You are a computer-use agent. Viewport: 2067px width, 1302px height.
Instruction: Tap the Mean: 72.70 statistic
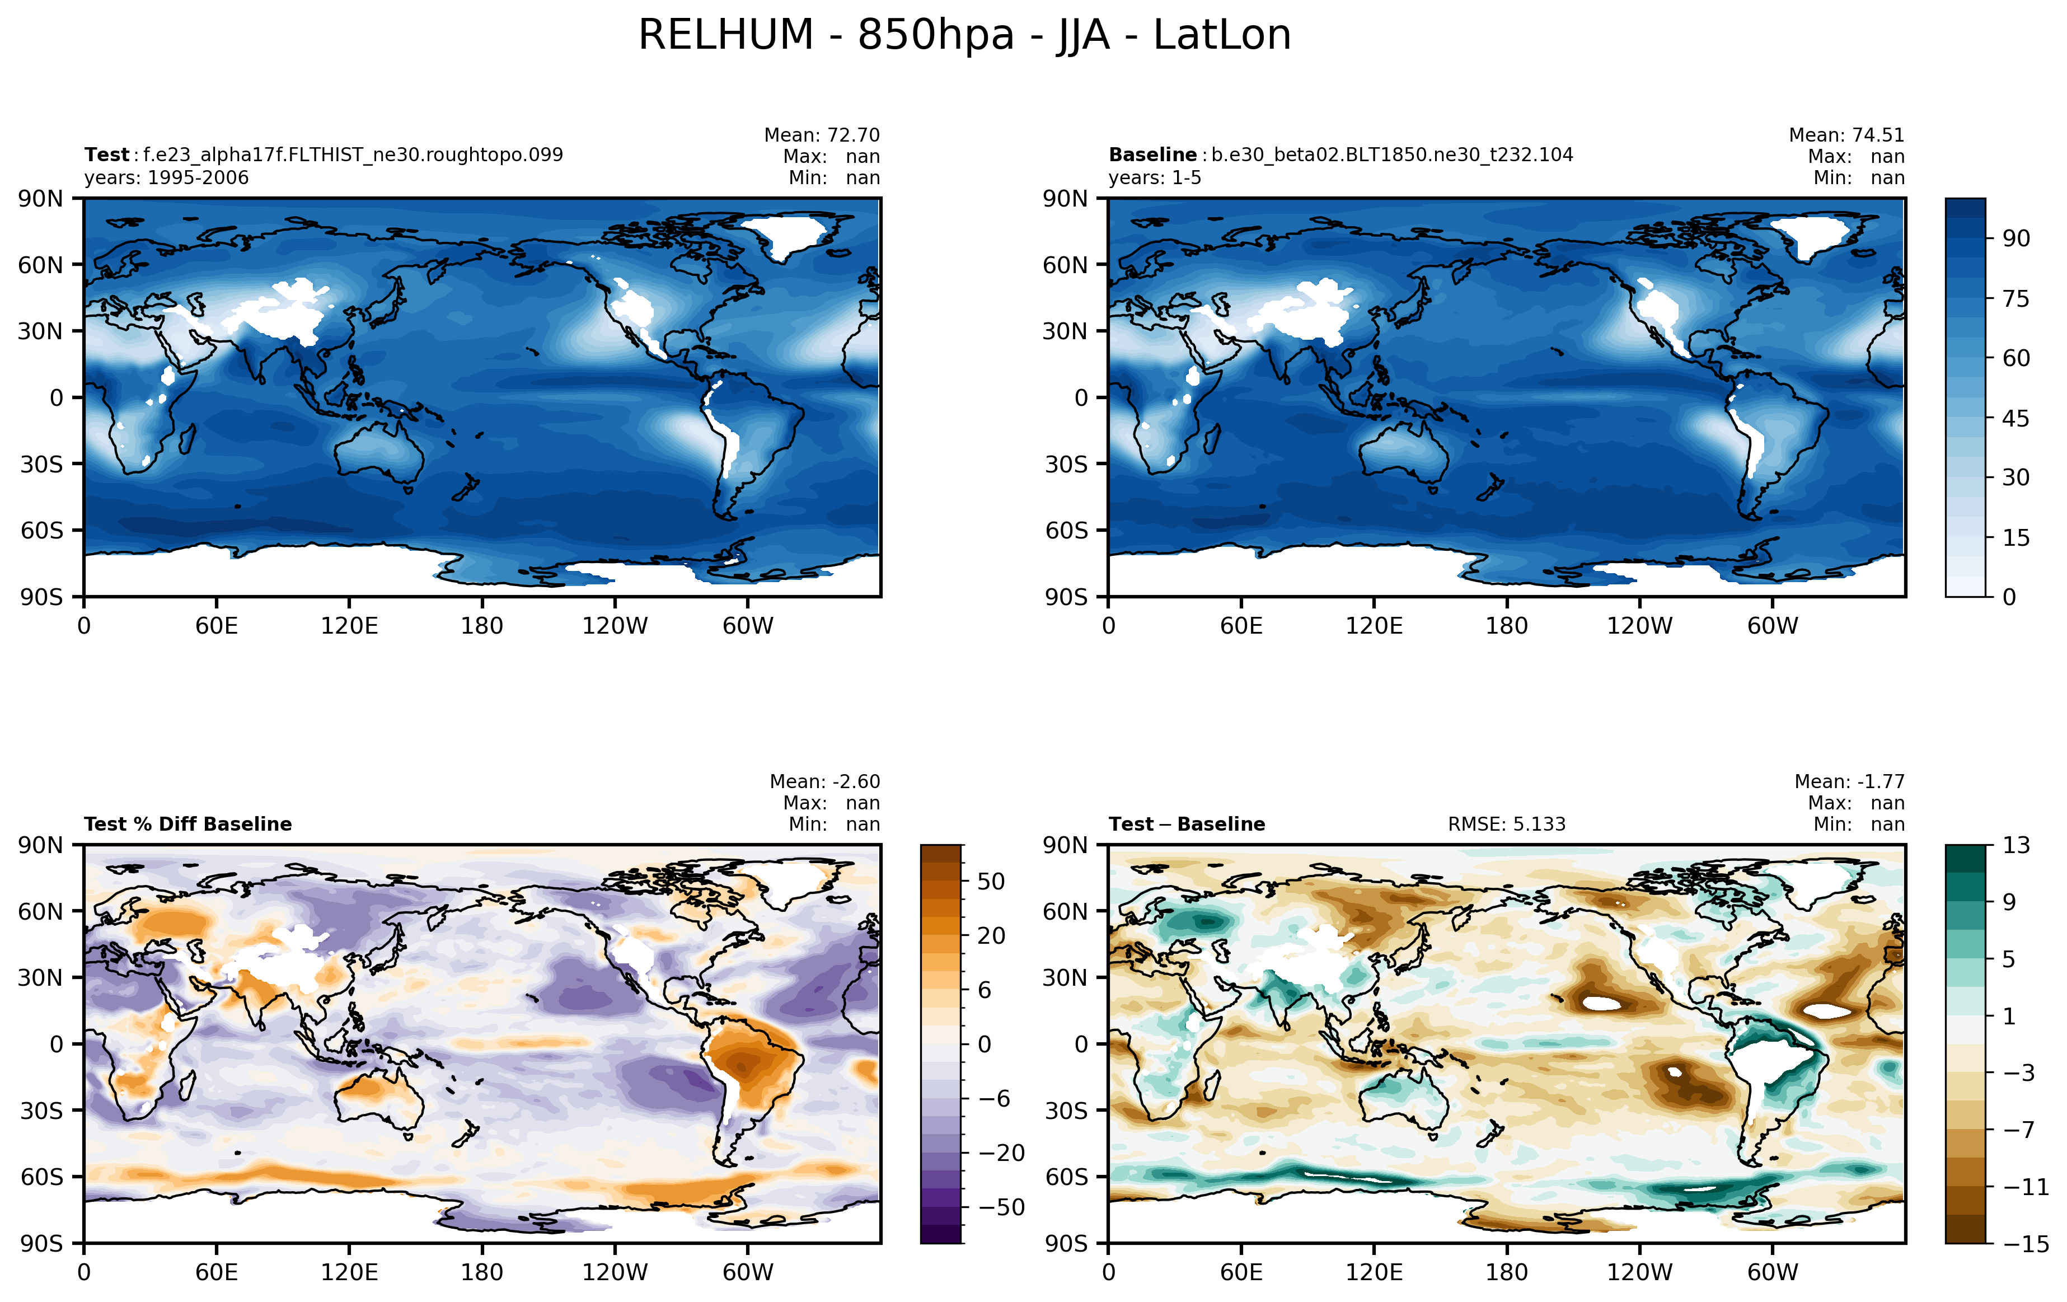coord(822,135)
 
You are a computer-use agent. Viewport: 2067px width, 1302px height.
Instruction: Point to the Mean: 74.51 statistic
coord(1846,135)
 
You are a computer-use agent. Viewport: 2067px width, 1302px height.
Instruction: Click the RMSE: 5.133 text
coord(1507,824)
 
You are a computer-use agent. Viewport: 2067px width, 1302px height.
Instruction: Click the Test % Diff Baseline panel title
coord(188,824)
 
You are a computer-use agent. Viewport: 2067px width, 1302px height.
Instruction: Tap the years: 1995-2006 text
coord(167,177)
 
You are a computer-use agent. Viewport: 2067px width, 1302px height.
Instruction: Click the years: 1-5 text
coord(1155,177)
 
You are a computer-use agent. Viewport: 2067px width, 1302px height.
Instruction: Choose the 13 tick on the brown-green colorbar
coord(2017,845)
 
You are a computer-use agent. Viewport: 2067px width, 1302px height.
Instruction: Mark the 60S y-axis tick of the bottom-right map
coord(1066,1177)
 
